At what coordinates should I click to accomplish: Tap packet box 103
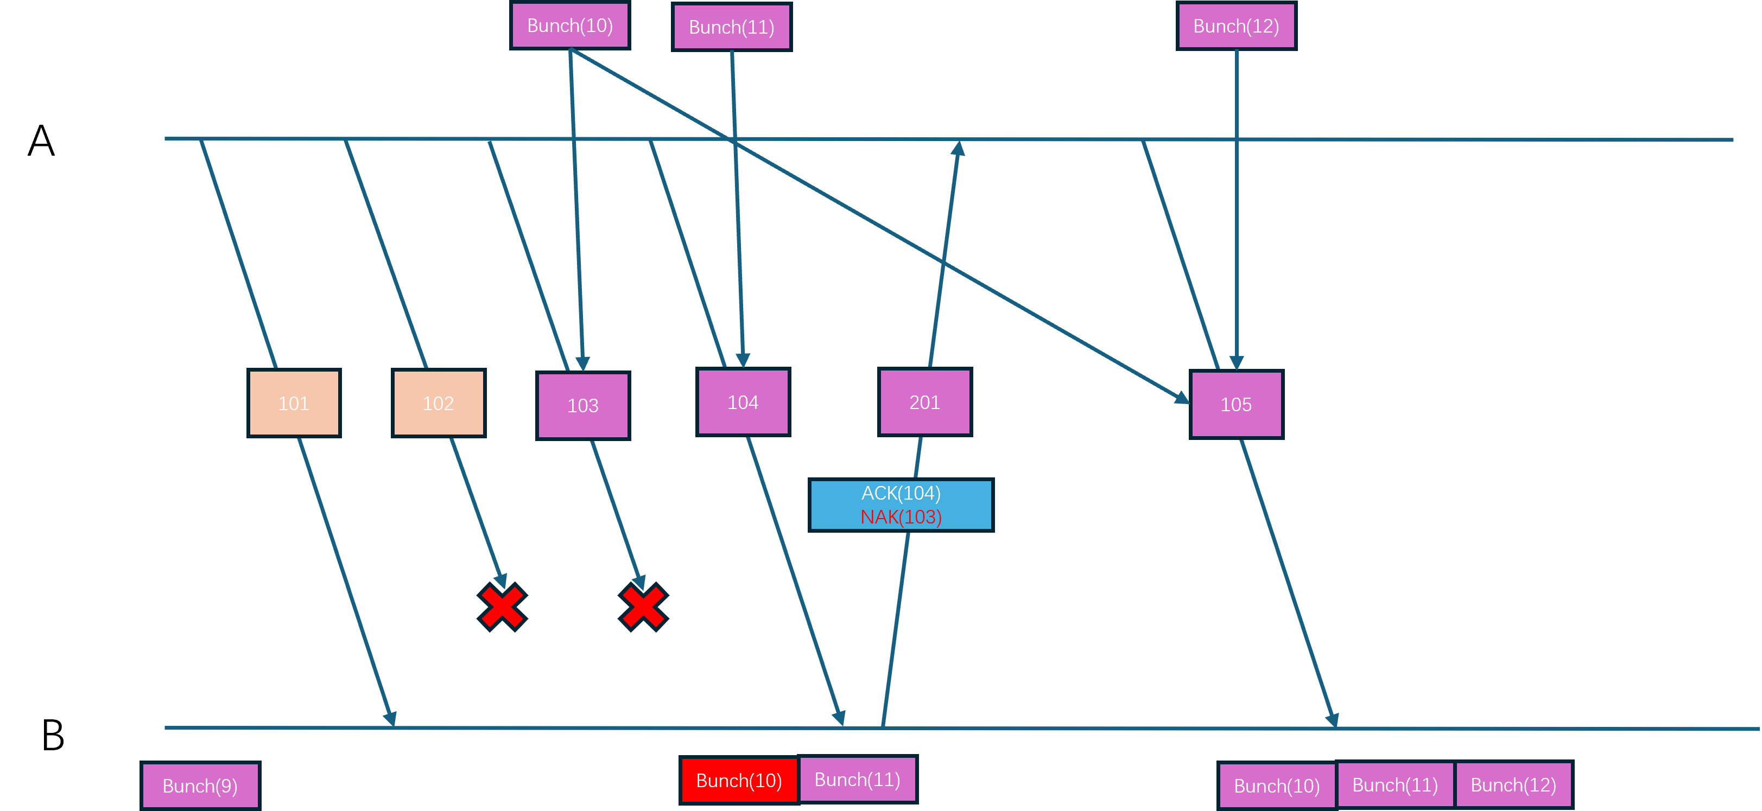(x=583, y=406)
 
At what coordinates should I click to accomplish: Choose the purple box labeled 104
(x=743, y=403)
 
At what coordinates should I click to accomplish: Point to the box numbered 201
(x=925, y=403)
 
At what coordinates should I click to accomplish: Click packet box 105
(x=1236, y=405)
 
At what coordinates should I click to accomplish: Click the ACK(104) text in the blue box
(x=901, y=493)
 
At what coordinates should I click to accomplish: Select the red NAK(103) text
(x=901, y=517)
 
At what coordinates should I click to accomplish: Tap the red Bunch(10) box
(x=739, y=780)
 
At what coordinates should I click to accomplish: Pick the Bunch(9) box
(x=200, y=786)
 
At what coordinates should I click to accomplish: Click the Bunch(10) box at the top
(x=570, y=26)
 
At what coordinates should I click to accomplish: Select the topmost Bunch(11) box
(x=731, y=27)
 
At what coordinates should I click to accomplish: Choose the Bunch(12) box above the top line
(x=1236, y=26)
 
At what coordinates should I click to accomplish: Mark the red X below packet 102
(x=502, y=606)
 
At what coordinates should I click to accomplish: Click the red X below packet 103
(x=643, y=606)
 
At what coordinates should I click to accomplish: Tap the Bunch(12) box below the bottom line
(x=1513, y=785)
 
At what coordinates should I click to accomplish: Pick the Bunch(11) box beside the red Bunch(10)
(x=857, y=780)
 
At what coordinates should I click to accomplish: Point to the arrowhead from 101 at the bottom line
(x=391, y=719)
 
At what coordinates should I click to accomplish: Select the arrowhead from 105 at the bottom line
(x=1333, y=719)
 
